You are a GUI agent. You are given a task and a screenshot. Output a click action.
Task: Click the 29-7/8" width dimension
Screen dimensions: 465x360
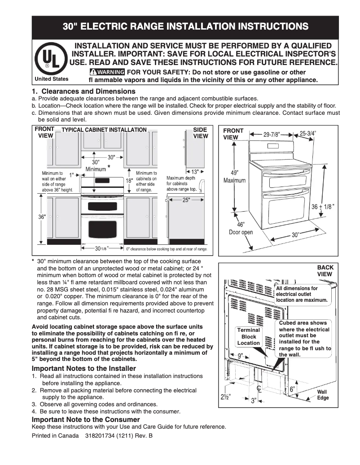[271, 134]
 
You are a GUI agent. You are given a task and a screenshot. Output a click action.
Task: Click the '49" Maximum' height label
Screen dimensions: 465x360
[235, 177]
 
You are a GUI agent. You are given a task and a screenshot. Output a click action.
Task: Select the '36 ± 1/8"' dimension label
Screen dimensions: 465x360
[323, 207]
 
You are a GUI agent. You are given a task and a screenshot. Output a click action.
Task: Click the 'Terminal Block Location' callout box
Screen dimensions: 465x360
[249, 336]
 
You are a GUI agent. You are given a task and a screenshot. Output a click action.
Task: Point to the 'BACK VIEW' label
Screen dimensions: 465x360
[325, 271]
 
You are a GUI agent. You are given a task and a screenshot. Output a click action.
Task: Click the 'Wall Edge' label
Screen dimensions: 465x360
[323, 395]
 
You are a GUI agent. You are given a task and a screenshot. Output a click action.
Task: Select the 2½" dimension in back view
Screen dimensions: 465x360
[226, 396]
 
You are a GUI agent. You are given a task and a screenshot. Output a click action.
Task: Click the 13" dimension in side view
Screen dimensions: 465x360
[195, 172]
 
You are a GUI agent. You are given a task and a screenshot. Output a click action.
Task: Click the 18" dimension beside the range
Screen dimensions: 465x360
[129, 181]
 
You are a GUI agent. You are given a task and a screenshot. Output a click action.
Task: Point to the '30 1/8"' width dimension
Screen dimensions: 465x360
[101, 248]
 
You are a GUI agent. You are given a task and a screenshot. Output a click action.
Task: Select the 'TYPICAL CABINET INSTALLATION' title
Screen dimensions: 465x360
[104, 130]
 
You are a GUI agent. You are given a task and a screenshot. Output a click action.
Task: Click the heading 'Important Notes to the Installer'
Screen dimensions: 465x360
[83, 369]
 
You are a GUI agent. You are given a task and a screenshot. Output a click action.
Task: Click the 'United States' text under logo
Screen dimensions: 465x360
[51, 79]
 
